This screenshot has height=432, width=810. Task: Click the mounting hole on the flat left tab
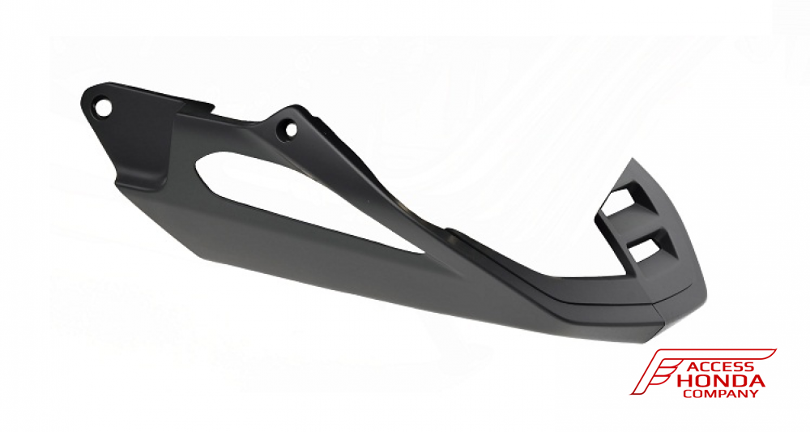coord(101,105)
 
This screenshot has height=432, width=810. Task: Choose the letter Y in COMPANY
coord(755,394)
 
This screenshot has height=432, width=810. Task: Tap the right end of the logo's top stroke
coord(774,351)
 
